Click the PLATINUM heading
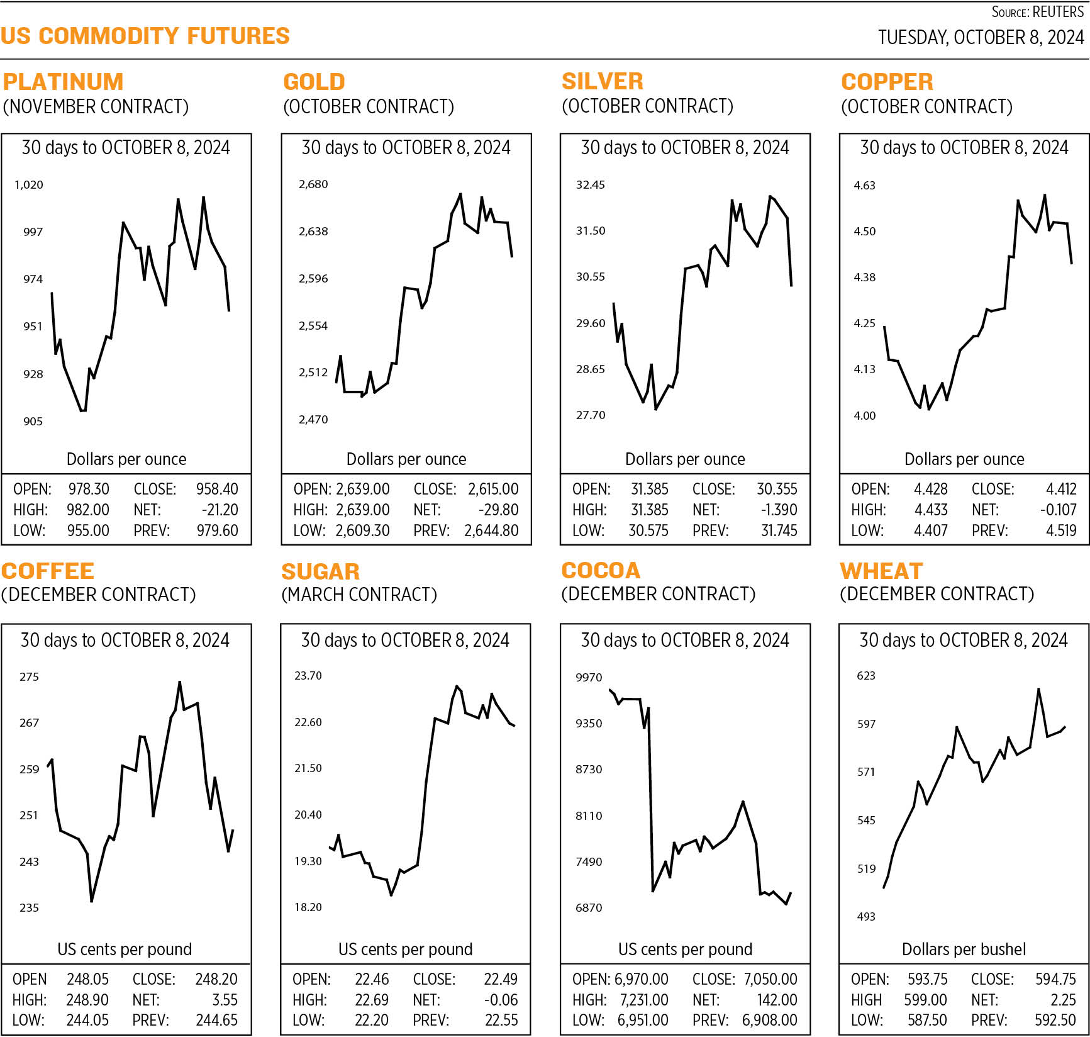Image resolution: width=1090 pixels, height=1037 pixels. point(63,82)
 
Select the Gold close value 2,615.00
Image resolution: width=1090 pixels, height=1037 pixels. point(493,489)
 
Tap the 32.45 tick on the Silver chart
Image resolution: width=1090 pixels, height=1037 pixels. point(590,185)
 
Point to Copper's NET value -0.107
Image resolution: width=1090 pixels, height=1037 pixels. point(1059,510)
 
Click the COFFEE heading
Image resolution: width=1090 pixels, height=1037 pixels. point(48,571)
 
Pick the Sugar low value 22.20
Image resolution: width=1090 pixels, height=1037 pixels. point(371,1020)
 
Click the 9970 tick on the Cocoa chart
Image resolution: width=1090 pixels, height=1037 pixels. point(589,678)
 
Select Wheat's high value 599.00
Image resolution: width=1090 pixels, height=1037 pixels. point(925,1000)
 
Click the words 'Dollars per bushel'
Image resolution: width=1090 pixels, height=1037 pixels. point(964,949)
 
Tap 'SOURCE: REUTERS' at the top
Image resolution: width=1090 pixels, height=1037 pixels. point(1037,12)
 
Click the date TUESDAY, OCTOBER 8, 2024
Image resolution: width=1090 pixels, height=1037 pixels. point(981,38)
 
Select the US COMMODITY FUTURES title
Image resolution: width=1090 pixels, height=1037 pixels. point(145,36)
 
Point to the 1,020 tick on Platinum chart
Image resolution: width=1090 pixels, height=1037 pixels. point(29,185)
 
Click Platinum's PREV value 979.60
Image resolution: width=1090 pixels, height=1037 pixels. point(217,530)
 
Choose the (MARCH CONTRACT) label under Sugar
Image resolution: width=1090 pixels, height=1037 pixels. point(359,595)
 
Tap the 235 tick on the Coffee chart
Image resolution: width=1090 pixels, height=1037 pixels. point(29,907)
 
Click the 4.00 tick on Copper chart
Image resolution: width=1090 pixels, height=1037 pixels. point(864,415)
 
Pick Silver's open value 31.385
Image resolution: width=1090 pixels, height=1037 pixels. point(649,489)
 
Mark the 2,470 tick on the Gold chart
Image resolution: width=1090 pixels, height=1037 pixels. point(313,419)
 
